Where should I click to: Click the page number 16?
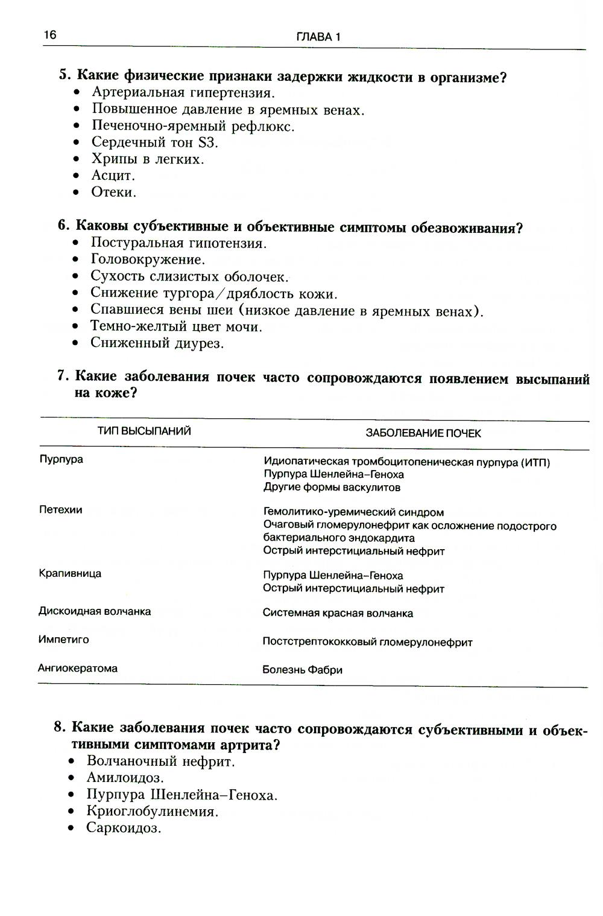point(49,36)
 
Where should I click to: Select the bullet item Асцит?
point(113,176)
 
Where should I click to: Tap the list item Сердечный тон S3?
point(154,142)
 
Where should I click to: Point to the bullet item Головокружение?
point(148,259)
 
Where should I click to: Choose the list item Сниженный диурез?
point(157,343)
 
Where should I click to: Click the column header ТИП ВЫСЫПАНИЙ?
point(144,431)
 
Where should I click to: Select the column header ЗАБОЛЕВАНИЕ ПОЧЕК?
point(423,433)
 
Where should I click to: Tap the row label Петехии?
point(60,510)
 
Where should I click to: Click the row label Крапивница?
point(70,573)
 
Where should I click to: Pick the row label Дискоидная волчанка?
point(95,611)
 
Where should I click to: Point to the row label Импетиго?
point(63,640)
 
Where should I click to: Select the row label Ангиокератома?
point(78,669)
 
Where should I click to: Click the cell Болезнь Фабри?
point(302,670)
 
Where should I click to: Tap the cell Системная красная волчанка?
point(338,614)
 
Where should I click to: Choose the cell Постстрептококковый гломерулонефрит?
point(367,643)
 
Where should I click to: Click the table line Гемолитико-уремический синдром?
point(353,513)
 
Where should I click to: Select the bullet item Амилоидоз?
point(125,778)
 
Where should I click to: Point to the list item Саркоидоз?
point(124,827)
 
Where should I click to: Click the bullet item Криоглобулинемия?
point(152,811)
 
